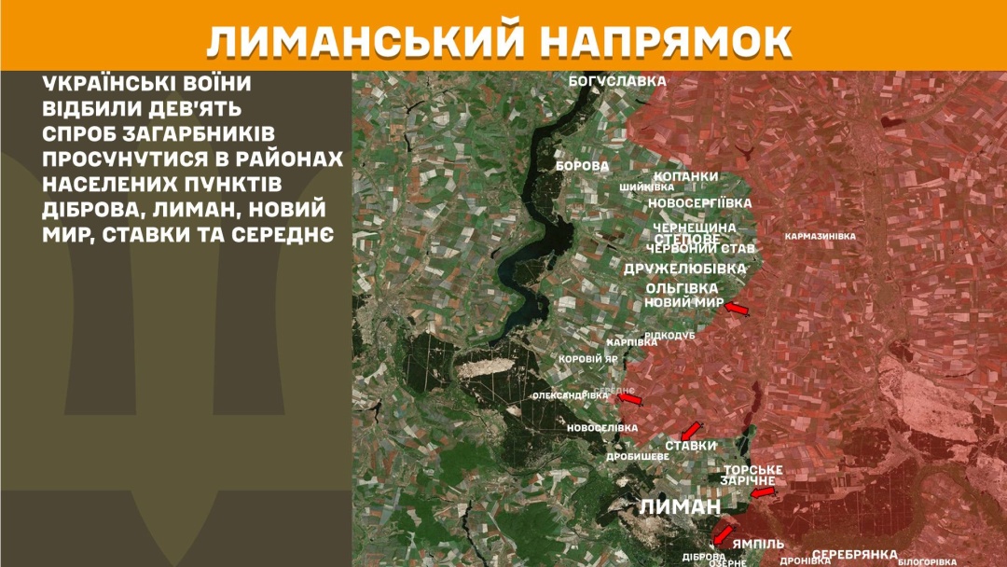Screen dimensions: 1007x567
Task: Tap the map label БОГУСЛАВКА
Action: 617,81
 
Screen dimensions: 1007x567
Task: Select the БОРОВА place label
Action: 582,166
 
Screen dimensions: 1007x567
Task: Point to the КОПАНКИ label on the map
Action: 685,176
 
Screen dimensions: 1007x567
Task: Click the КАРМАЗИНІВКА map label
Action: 821,236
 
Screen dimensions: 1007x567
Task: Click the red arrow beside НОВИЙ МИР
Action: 737,309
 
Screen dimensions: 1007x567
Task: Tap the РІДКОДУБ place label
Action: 669,335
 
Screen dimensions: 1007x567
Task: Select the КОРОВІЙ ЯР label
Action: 587,358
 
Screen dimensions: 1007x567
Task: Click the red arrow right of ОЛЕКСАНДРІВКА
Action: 631,399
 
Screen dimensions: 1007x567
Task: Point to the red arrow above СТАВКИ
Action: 690,431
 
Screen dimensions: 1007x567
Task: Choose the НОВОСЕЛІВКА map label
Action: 602,428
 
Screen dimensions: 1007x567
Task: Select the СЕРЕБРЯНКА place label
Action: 854,554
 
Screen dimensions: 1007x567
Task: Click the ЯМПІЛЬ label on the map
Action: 758,544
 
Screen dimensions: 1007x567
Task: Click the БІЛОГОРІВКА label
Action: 927,561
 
